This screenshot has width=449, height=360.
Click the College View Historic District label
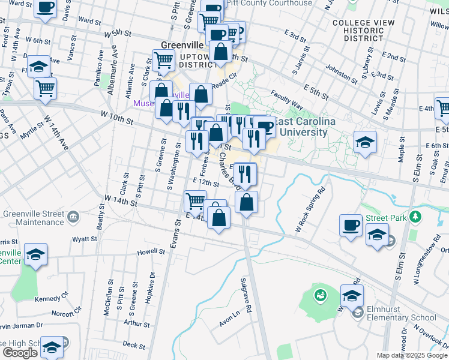coord(358,30)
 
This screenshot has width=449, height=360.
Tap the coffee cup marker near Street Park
coord(351,226)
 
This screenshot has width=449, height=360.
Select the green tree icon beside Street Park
coord(415,216)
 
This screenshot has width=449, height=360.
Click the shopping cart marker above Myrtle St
coord(45,89)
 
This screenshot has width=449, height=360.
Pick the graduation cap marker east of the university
coord(365,142)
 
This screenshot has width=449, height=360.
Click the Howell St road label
coord(151,251)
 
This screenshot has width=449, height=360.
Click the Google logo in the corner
coord(20,352)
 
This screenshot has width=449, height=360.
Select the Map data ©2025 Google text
coord(412,355)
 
